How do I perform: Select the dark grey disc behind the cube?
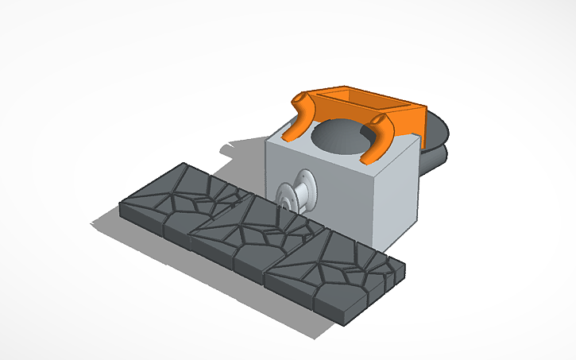pyautogui.click(x=437, y=143)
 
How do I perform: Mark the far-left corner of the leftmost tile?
pyautogui.click(x=120, y=208)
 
